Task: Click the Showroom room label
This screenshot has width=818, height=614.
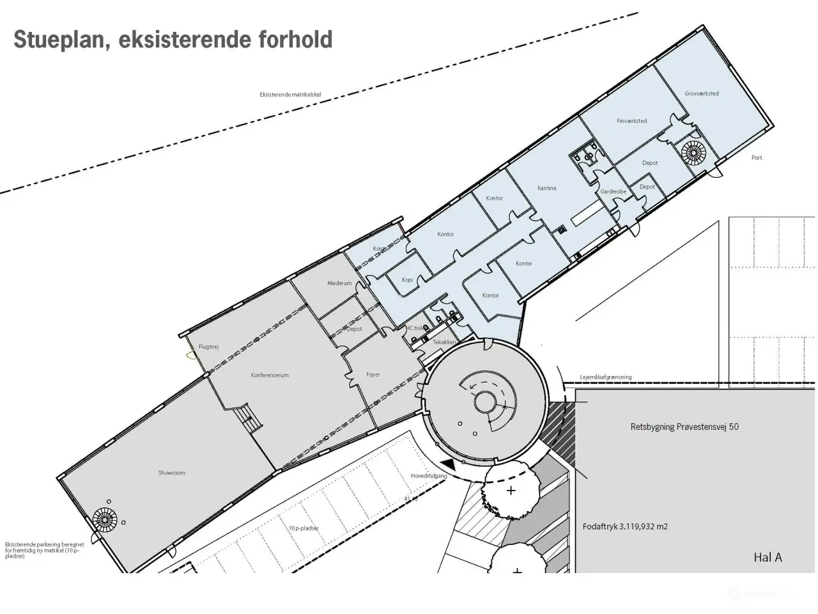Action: pyautogui.click(x=172, y=473)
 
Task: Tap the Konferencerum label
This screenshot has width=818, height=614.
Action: pyautogui.click(x=270, y=375)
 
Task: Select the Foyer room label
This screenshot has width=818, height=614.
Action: pyautogui.click(x=373, y=375)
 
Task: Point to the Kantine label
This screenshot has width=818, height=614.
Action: pyautogui.click(x=546, y=188)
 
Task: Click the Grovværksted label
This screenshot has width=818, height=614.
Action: pyautogui.click(x=702, y=93)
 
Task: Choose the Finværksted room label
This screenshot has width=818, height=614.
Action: pyautogui.click(x=631, y=121)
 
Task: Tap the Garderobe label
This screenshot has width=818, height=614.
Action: pyautogui.click(x=613, y=192)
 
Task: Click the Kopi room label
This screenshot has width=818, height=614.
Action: pyautogui.click(x=407, y=280)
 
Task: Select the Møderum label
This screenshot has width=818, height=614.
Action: pyautogui.click(x=339, y=283)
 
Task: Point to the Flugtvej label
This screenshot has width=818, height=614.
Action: pyautogui.click(x=209, y=347)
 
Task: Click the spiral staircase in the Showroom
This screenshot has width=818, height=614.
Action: pyautogui.click(x=102, y=519)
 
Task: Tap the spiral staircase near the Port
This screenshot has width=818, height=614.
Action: pyautogui.click(x=693, y=153)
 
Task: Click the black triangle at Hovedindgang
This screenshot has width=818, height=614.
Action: pyautogui.click(x=450, y=464)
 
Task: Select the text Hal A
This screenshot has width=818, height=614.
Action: pyautogui.click(x=768, y=557)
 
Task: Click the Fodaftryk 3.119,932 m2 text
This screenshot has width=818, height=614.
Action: pyautogui.click(x=625, y=527)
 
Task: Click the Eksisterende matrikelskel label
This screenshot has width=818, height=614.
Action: pyautogui.click(x=290, y=95)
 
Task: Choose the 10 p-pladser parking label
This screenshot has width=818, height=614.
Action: pyautogui.click(x=303, y=528)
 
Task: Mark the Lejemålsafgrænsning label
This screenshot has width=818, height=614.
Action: pyautogui.click(x=605, y=377)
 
